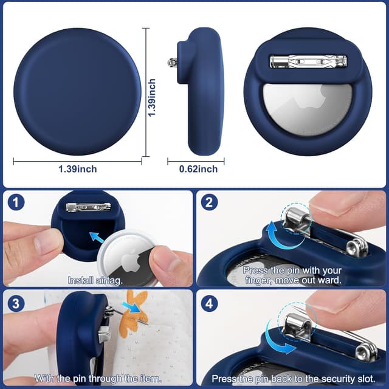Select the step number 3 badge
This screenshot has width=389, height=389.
click(x=16, y=301)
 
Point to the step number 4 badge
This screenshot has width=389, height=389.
click(x=209, y=301)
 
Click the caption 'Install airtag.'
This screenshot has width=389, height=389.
click(x=95, y=280)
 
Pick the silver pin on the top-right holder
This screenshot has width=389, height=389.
click(x=308, y=62)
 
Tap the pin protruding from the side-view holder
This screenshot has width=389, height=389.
click(x=173, y=62)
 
